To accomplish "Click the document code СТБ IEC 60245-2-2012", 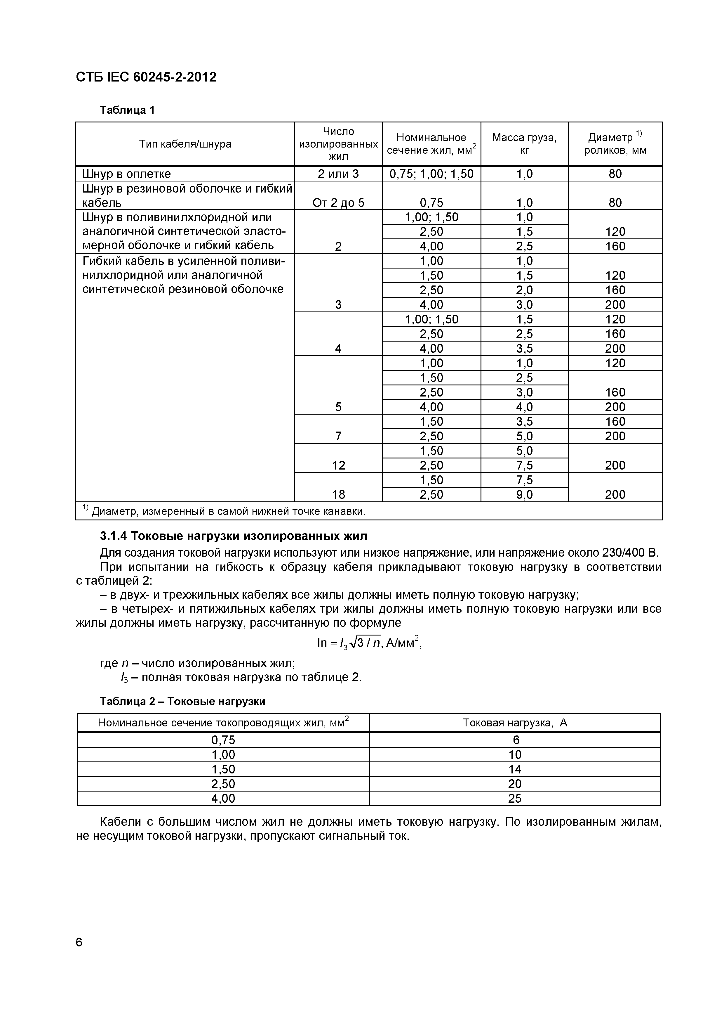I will (x=146, y=77).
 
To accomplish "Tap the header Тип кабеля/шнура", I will (x=185, y=144).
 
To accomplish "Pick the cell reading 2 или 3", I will (x=338, y=174).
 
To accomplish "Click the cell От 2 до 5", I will (x=338, y=203).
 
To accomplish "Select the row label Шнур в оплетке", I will (x=126, y=174).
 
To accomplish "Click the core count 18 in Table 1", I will (x=338, y=494).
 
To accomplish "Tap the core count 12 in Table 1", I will (x=338, y=465).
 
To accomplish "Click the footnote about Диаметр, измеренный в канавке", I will (x=227, y=511).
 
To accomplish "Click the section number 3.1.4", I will (x=114, y=535).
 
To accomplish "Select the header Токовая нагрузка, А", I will (x=514, y=722).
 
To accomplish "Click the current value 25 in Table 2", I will (x=514, y=798).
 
